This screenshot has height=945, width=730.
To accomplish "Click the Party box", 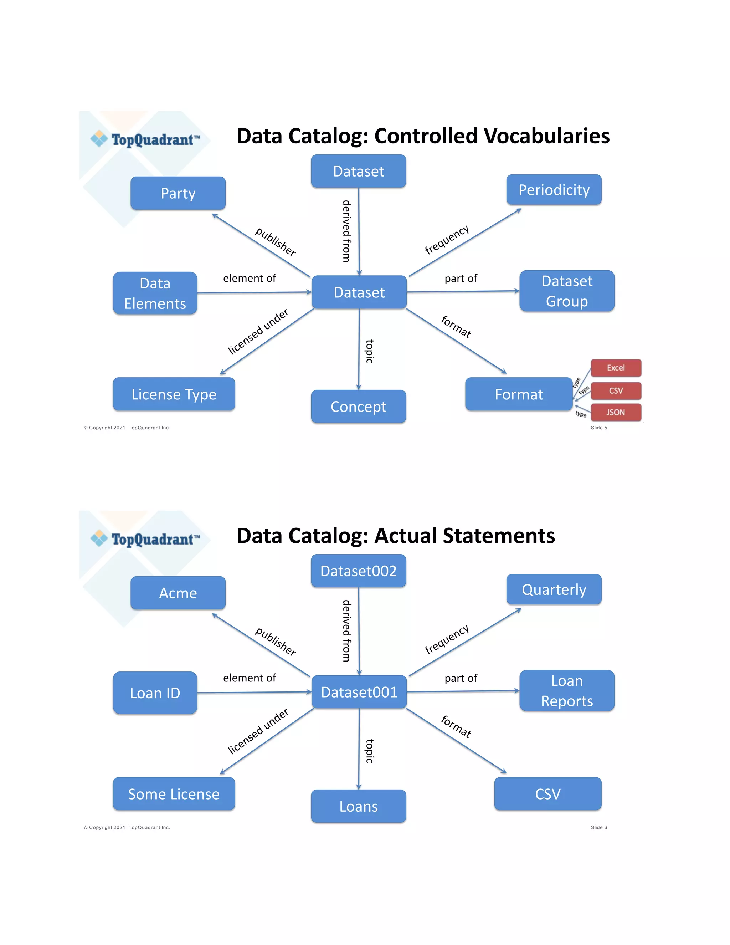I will point(178,193).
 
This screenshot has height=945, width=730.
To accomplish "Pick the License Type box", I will point(174,394).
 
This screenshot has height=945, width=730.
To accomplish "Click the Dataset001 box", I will point(359,692).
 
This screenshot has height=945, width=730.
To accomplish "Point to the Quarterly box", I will point(554,589).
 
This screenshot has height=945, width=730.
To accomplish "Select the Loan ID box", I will point(155,693).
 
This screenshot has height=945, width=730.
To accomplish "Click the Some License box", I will point(174,794).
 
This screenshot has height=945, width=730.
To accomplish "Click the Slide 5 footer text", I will point(598,428).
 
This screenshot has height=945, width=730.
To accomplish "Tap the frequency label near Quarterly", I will point(447,639).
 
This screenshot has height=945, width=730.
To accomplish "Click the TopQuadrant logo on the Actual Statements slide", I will point(145,539).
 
